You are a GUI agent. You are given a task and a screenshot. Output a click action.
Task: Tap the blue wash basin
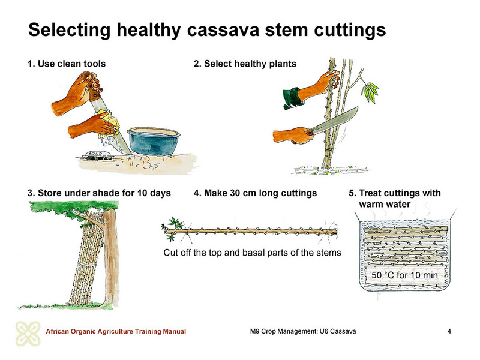154,141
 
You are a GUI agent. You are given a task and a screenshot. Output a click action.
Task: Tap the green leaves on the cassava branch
370,92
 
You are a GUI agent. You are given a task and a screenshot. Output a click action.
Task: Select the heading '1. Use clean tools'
67,64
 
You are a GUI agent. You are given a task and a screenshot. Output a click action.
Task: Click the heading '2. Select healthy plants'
245,64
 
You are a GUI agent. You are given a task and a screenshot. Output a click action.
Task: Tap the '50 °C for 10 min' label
404,275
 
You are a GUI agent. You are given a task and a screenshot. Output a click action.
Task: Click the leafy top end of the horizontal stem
173,229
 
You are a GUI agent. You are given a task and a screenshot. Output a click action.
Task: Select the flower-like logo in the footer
28,334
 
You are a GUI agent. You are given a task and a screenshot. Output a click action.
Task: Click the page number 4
449,331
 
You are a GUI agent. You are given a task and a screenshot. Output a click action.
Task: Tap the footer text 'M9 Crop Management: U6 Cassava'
303,331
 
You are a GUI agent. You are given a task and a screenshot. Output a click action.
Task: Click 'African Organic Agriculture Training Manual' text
116,331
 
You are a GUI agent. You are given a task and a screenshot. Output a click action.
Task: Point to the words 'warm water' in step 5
385,204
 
